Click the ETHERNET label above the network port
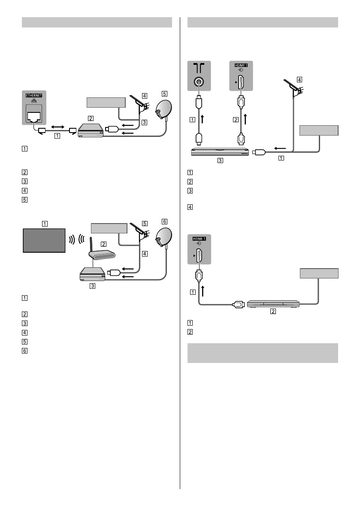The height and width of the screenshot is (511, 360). point(34,94)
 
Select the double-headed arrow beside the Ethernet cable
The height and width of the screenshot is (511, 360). point(57,127)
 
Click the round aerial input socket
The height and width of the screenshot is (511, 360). point(199,82)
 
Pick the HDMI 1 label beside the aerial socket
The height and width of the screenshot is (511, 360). point(241,64)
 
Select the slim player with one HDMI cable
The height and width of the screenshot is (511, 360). point(273,304)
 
